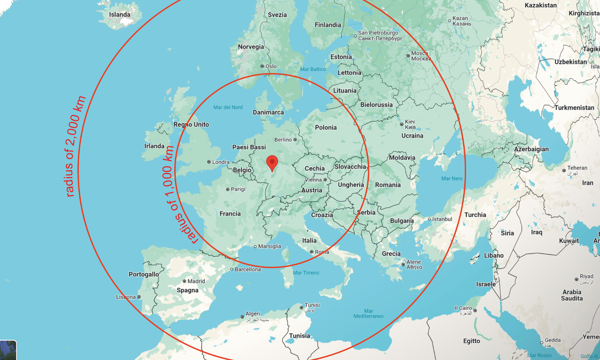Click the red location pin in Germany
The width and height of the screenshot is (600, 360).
click(272, 163)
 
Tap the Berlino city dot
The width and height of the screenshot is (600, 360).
click(295, 139)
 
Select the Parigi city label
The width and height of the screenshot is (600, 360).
click(238, 189)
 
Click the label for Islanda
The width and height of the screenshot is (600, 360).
click(120, 15)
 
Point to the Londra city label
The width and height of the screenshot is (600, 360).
click(220, 162)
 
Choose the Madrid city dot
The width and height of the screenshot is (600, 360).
click(184, 281)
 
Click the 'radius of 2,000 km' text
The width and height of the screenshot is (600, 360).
click(75, 146)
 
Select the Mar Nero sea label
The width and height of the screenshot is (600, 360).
click(452, 178)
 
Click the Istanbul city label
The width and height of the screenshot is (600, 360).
click(442, 219)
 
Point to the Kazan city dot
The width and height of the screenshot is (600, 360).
click(450, 21)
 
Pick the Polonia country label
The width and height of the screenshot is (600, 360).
click(325, 127)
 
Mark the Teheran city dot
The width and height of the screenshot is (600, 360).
click(564, 170)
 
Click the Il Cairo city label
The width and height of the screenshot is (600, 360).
click(463, 308)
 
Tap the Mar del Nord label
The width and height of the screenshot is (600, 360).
click(228, 107)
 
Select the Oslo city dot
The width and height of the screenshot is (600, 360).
click(262, 66)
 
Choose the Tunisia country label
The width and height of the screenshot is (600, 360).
click(299, 336)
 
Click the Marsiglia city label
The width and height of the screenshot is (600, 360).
click(269, 246)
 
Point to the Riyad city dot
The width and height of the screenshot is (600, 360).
click(576, 279)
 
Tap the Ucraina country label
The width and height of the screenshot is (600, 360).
click(412, 136)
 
